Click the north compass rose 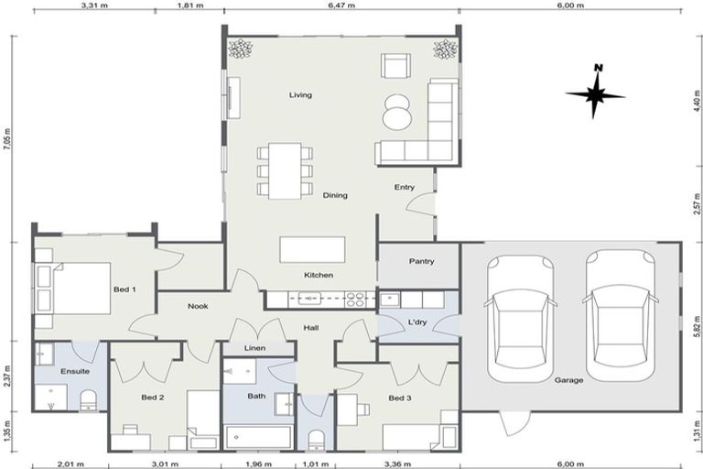point(595,93)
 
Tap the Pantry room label point(421,261)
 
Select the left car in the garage point(520,317)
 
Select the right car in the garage point(622,317)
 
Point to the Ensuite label point(75,371)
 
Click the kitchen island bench point(313,249)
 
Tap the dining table point(285,169)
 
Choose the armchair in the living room point(396,66)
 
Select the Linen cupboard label point(255,348)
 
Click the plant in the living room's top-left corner point(241,48)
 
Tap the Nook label point(199,306)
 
